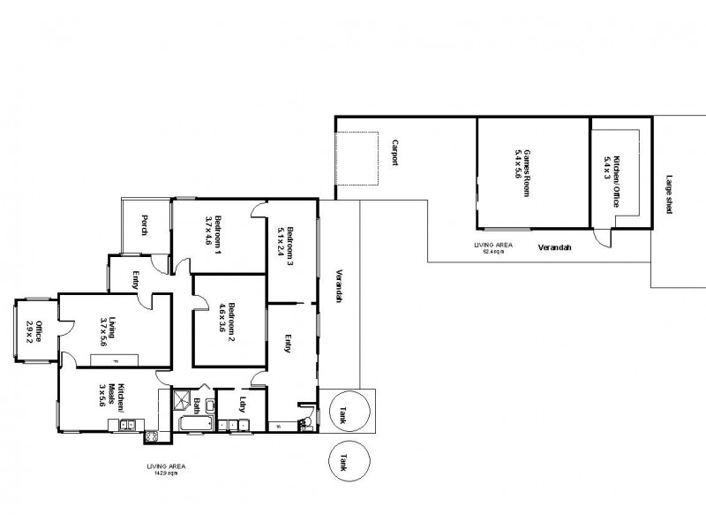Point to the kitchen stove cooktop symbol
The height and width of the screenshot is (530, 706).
click(150, 435)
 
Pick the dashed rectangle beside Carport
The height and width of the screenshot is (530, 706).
click(357, 158)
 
